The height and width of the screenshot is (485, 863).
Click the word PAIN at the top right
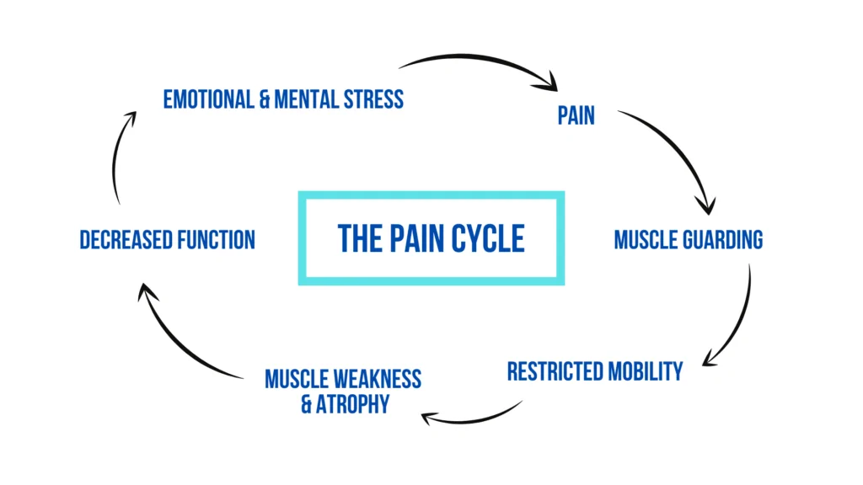(x=576, y=115)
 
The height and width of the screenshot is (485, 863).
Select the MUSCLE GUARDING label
(x=688, y=239)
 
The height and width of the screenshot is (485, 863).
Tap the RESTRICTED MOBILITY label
(x=594, y=371)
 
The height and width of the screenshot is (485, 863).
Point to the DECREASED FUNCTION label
(x=167, y=239)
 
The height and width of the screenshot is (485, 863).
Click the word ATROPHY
(x=353, y=404)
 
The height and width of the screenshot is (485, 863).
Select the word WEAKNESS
(x=380, y=379)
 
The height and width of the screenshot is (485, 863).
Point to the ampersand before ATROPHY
(x=307, y=404)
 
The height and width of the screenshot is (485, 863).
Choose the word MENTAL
(x=313, y=99)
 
